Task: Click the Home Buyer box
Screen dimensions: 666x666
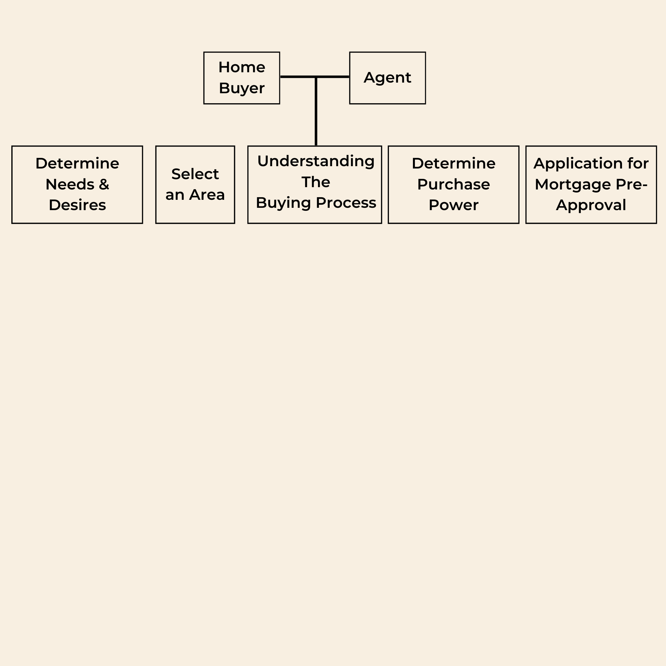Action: click(x=242, y=78)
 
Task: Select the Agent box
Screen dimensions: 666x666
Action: click(x=388, y=78)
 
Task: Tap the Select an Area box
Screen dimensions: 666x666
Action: click(x=195, y=185)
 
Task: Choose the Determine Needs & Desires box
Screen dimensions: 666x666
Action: click(x=77, y=185)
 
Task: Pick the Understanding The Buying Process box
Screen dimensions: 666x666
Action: click(x=315, y=185)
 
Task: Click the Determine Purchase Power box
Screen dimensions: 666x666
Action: click(x=454, y=185)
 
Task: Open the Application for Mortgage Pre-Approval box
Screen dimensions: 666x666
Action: click(x=591, y=185)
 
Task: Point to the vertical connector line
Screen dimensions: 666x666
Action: click(x=316, y=111)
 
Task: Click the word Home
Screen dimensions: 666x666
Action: click(x=242, y=67)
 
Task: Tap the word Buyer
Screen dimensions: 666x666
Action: click(x=242, y=89)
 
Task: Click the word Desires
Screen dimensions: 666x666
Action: click(x=77, y=205)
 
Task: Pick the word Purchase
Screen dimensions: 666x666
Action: click(x=454, y=184)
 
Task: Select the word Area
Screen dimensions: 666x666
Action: click(x=207, y=195)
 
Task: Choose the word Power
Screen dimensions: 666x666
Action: click(x=454, y=205)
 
